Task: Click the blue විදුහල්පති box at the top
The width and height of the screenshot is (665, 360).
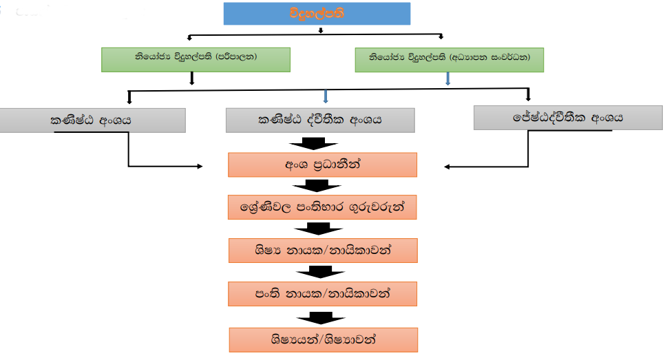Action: tap(317, 13)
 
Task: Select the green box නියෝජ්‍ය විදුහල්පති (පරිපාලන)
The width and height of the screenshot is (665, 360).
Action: tap(196, 59)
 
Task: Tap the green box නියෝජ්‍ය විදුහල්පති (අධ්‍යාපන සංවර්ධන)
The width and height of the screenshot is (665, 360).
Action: tap(450, 60)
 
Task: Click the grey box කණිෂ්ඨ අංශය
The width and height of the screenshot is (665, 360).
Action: tap(92, 120)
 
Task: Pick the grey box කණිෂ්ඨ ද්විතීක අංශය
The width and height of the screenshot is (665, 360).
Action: tap(320, 120)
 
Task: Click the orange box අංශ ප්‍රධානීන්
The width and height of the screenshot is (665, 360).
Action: tap(322, 165)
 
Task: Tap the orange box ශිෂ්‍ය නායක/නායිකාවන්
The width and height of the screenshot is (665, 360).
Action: tap(322, 251)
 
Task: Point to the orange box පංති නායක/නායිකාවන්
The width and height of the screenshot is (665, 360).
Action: tap(322, 294)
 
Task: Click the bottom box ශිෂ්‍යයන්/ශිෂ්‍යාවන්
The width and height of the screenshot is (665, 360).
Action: tap(322, 339)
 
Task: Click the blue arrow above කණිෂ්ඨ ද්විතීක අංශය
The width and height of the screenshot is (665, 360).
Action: tap(325, 96)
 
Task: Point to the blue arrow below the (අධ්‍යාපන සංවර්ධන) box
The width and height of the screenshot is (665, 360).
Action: tap(448, 78)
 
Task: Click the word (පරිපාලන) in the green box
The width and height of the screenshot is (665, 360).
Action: tap(235, 59)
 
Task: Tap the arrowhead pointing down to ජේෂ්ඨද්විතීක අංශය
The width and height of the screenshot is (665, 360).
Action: tap(529, 96)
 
